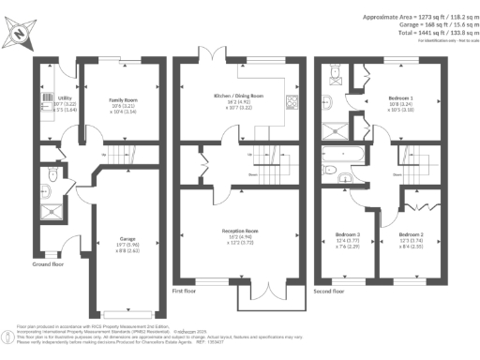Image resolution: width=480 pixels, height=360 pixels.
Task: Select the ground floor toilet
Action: pyautogui.click(x=54, y=174)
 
